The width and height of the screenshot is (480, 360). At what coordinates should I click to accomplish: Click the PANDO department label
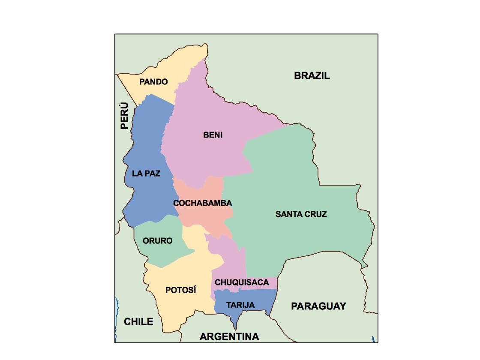coord(153,81)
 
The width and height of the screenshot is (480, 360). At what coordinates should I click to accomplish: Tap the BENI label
coord(213,135)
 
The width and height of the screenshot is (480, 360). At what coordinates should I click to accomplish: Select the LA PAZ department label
coord(146,174)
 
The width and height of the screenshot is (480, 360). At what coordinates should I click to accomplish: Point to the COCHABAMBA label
coord(203,203)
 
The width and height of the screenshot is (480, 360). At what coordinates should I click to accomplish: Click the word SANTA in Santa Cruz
coord(288,214)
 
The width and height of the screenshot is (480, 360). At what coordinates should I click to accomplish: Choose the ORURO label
coord(158,241)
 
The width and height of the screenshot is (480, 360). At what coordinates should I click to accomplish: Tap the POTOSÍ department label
coord(181,290)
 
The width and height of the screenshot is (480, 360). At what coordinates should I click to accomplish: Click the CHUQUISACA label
coord(242,282)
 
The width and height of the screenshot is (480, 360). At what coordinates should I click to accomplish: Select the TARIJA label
coord(240,305)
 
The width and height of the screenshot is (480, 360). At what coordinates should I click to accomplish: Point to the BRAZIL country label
coord(312,76)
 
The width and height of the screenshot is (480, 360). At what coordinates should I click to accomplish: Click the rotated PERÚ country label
coord(124,116)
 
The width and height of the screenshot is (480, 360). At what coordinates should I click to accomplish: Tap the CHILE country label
coord(138,321)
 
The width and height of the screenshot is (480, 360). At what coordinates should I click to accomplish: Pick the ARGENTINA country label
coord(229,336)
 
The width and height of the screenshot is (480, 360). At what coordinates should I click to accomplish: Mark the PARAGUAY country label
coord(318,306)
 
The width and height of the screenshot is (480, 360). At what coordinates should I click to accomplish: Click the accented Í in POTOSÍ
coord(194,290)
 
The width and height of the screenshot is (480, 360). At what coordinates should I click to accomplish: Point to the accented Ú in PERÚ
coord(124,106)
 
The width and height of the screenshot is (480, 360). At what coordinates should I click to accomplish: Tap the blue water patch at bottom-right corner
coord(374,339)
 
